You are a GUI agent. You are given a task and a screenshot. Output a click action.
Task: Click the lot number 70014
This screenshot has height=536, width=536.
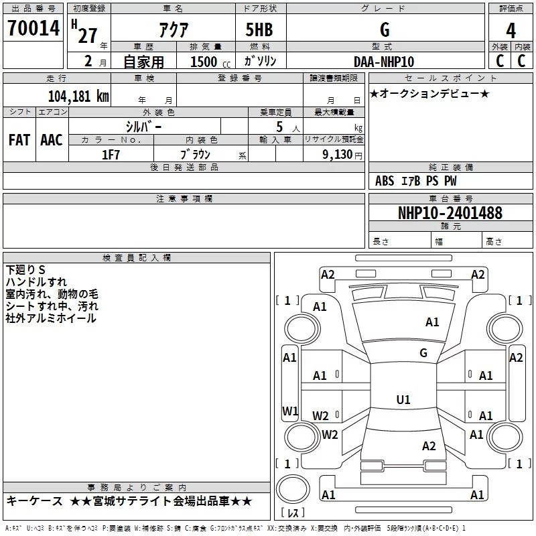(x=33, y=27)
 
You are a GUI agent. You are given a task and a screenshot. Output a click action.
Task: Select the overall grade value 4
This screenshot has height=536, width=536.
(x=511, y=31)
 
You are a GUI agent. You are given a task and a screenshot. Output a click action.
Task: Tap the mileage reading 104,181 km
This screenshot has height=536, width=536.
(x=78, y=96)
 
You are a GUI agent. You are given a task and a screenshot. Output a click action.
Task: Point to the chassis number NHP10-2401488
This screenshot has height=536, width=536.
(x=450, y=212)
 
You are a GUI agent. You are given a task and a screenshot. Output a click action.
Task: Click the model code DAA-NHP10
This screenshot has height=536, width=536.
(x=384, y=62)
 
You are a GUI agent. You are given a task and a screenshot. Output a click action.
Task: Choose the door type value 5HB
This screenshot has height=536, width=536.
(x=259, y=29)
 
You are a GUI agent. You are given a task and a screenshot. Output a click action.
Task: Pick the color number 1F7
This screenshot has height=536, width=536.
(x=111, y=155)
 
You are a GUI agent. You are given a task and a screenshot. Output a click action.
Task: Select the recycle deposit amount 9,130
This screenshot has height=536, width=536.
(x=338, y=154)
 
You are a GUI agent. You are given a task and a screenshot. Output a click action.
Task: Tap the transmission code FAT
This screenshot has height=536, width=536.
(x=19, y=140)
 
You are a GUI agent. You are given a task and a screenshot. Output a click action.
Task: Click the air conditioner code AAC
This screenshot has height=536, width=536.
(x=52, y=140)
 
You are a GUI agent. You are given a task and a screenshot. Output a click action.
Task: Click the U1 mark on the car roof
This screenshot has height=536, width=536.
(x=403, y=399)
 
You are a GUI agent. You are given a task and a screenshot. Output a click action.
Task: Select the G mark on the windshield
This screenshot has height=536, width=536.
(x=423, y=353)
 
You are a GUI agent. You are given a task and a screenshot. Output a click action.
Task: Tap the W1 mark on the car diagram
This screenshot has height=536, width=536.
(x=290, y=411)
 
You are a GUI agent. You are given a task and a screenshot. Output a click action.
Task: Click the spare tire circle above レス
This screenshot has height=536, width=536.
(x=293, y=489)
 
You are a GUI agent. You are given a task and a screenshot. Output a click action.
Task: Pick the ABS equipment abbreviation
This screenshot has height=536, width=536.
(x=385, y=181)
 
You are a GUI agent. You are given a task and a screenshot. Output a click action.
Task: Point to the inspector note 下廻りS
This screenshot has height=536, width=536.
(x=25, y=270)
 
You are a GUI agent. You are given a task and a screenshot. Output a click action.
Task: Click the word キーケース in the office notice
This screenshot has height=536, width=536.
(x=35, y=501)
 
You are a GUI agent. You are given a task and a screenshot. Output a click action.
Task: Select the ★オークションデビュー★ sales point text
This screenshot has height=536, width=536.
(x=429, y=93)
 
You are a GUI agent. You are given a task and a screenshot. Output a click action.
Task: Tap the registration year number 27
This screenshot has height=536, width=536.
(x=88, y=36)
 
